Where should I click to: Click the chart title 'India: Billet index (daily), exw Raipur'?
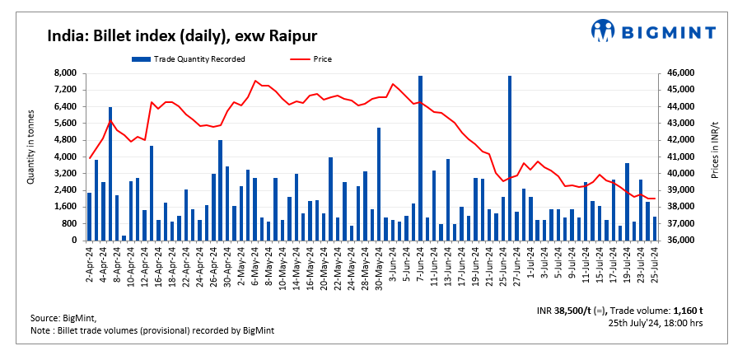[x=182, y=35]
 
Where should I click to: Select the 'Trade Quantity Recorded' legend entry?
[x=198, y=58]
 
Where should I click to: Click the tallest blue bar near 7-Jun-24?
[x=420, y=157]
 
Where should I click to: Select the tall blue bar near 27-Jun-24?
[x=510, y=157]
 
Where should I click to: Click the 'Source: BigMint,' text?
[x=63, y=318]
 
